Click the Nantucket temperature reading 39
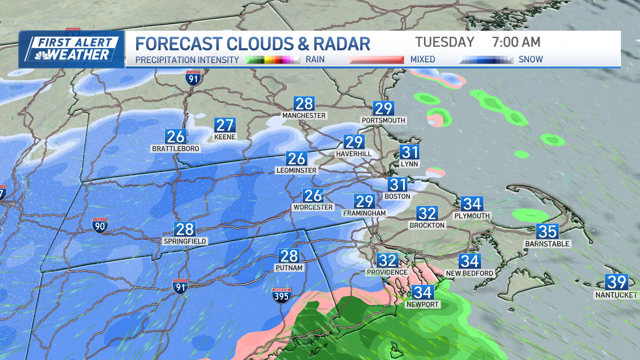(617, 282)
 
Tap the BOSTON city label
(397, 196)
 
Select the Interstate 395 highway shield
(282, 296)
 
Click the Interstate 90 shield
(100, 226)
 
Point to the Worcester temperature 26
(313, 195)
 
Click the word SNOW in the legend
(531, 59)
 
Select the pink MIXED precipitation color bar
(376, 60)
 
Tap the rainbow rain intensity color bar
(273, 60)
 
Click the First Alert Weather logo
(72, 49)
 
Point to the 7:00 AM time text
(516, 42)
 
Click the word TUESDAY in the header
(445, 42)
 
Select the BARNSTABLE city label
(547, 244)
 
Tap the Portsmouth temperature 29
(383, 108)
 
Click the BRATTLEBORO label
(176, 148)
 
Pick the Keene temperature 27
(225, 125)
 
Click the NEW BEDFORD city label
(469, 273)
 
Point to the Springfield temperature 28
(185, 229)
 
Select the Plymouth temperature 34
(472, 204)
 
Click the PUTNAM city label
(289, 268)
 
